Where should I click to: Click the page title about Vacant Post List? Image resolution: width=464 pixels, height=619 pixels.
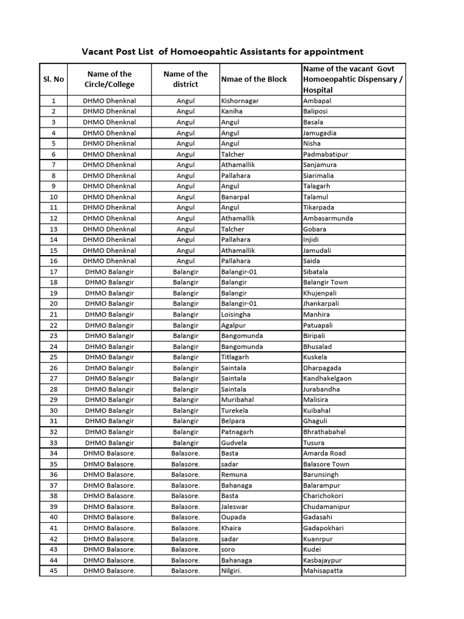tap(222, 51)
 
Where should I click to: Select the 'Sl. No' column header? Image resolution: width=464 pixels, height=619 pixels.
tap(53, 79)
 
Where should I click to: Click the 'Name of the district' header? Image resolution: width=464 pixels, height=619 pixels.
tap(185, 79)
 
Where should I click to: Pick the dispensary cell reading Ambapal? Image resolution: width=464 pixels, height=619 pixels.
tap(317, 101)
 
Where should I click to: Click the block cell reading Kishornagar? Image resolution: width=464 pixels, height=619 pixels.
tap(240, 101)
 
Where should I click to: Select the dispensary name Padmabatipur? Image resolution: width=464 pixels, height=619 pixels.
tap(326, 154)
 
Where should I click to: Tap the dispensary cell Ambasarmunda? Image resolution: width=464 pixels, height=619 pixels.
tap(328, 218)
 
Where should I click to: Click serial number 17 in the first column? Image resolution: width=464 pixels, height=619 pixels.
tap(53, 272)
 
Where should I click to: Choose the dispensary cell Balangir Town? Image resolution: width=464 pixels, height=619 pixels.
tap(325, 282)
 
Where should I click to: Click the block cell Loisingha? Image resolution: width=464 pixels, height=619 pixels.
tap(236, 314)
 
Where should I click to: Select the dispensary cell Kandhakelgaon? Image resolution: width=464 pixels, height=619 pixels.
tap(327, 378)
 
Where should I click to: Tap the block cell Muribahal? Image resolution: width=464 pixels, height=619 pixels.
tap(236, 400)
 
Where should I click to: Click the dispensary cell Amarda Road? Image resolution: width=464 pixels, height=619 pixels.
tap(324, 453)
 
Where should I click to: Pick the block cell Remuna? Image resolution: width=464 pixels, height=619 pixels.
tap(234, 475)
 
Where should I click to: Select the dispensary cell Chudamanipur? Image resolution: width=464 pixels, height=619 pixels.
tap(326, 507)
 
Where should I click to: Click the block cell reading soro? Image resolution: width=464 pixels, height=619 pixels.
tap(228, 549)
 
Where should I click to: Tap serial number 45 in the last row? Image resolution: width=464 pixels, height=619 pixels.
tap(53, 571)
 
